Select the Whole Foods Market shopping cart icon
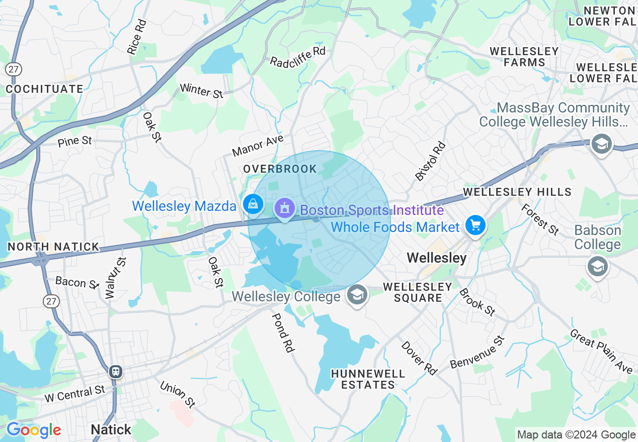tap(475, 226)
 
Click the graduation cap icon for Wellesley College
tap(356, 295)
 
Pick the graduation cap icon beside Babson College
tap(597, 266)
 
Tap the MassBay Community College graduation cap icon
tap(601, 144)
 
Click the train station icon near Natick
tap(116, 372)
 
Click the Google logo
tap(34, 430)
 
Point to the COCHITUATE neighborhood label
tap(45, 89)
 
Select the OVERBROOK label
tap(280, 169)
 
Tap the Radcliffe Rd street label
tap(298, 57)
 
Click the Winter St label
tap(201, 90)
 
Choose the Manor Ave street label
tap(258, 145)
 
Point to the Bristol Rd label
tap(431, 161)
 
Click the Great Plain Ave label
tap(601, 351)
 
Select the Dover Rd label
tap(419, 357)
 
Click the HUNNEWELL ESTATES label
tap(369, 379)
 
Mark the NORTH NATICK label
tap(53, 247)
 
